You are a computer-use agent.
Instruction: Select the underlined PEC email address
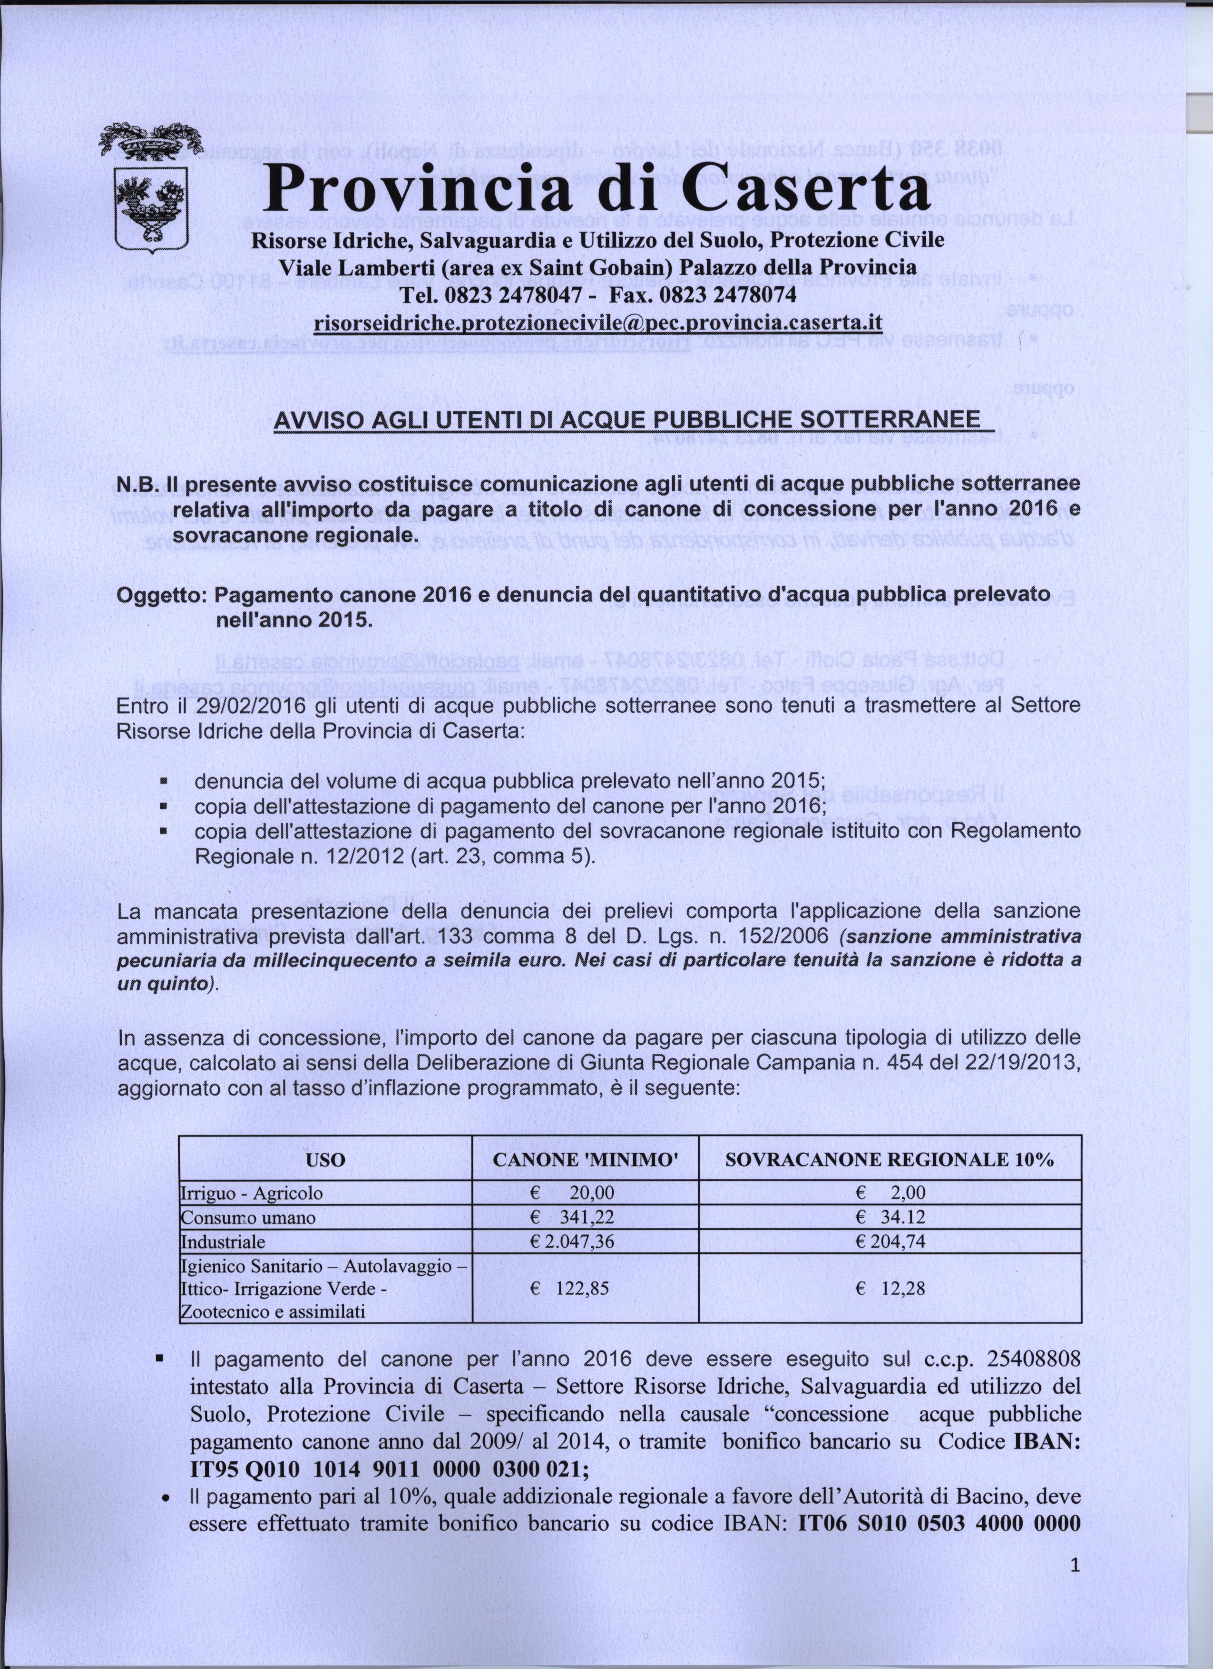tap(597, 324)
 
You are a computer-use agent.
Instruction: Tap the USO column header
tap(325, 1160)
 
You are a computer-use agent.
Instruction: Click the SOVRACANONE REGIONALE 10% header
tap(889, 1160)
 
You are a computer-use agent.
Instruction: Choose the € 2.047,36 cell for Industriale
tap(572, 1242)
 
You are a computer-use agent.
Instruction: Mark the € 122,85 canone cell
tap(570, 1289)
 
